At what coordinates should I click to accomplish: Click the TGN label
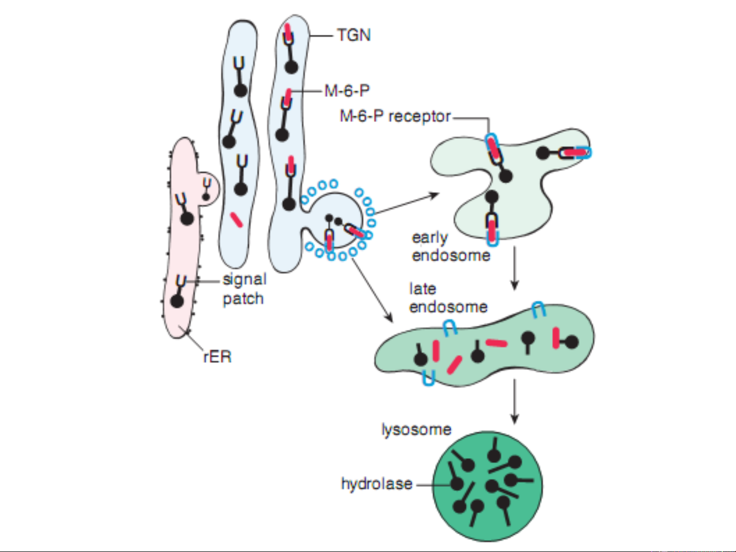pyautogui.click(x=353, y=35)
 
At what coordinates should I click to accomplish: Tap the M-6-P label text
pyautogui.click(x=347, y=91)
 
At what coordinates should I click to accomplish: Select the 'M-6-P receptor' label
pyautogui.click(x=395, y=116)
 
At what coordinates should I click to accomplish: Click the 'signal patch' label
pyautogui.click(x=244, y=289)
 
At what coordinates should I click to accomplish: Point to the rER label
pyautogui.click(x=217, y=356)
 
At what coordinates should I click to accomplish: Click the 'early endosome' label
pyautogui.click(x=450, y=246)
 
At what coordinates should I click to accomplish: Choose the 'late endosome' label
pyautogui.click(x=448, y=298)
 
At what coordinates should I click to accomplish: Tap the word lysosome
pyautogui.click(x=416, y=429)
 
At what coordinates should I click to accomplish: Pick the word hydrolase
pyautogui.click(x=376, y=484)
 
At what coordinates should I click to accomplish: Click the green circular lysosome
pyautogui.click(x=488, y=486)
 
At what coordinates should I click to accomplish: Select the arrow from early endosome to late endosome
pyautogui.click(x=514, y=268)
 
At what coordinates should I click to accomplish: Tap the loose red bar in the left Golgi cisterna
pyautogui.click(x=236, y=219)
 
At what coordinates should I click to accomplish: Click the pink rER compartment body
pyautogui.click(x=181, y=245)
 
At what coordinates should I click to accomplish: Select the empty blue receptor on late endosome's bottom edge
pyautogui.click(x=428, y=378)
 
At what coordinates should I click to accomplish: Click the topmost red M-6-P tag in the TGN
pyautogui.click(x=288, y=33)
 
